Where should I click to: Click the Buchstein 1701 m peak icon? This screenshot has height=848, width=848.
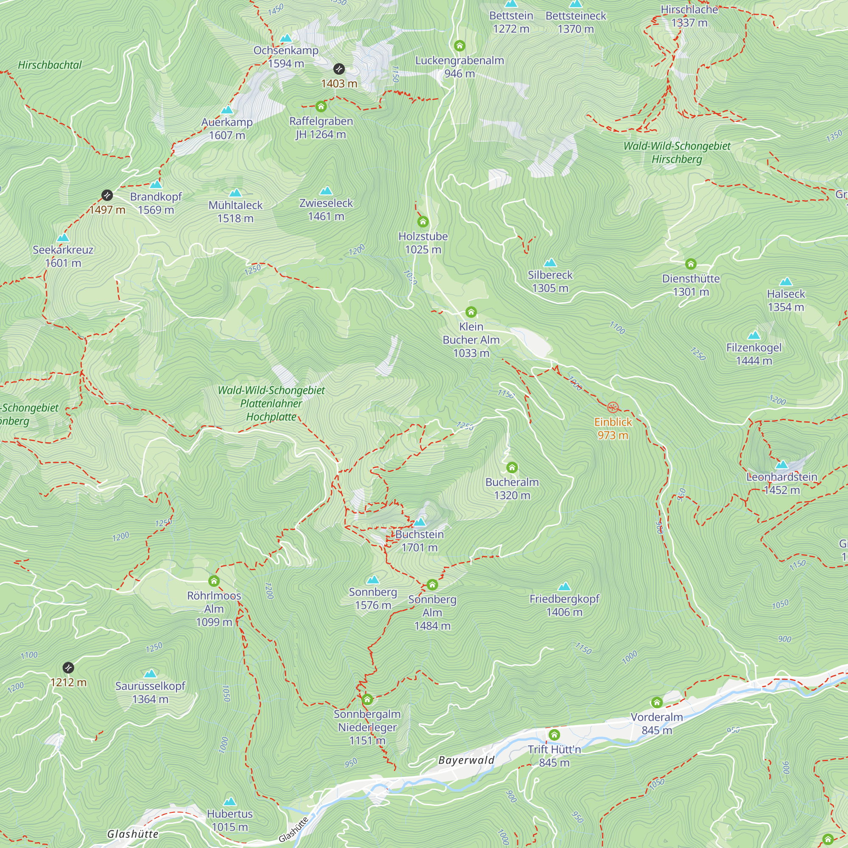pyautogui.click(x=420, y=522)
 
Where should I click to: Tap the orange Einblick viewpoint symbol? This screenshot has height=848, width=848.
pyautogui.click(x=613, y=407)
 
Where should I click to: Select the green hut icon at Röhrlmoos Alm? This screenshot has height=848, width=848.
pyautogui.click(x=214, y=582)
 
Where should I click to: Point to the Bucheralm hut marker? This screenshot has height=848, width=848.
pyautogui.click(x=512, y=467)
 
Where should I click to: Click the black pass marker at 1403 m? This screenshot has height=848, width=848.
pyautogui.click(x=339, y=69)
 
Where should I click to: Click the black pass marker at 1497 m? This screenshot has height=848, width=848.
pyautogui.click(x=107, y=195)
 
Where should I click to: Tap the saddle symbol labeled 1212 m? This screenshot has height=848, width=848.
pyautogui.click(x=68, y=668)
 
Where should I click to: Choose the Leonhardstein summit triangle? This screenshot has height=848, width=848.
pyautogui.click(x=781, y=465)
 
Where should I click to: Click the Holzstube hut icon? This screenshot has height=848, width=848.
pyautogui.click(x=423, y=222)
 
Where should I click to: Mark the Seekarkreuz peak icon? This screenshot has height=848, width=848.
pyautogui.click(x=63, y=237)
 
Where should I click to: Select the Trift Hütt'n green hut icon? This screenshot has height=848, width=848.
pyautogui.click(x=554, y=735)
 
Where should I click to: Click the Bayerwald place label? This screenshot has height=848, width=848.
pyautogui.click(x=466, y=760)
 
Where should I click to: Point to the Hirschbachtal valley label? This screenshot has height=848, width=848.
pyautogui.click(x=50, y=65)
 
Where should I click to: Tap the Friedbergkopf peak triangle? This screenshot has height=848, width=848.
pyautogui.click(x=564, y=586)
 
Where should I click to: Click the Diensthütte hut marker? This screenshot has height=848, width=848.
pyautogui.click(x=690, y=264)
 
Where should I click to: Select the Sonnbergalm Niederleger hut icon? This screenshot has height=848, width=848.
pyautogui.click(x=367, y=699)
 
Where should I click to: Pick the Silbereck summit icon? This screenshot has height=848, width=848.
pyautogui.click(x=550, y=262)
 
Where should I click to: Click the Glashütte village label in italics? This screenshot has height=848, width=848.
pyautogui.click(x=133, y=834)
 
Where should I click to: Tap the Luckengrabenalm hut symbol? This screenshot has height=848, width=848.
pyautogui.click(x=460, y=46)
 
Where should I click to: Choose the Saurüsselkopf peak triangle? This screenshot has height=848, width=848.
pyautogui.click(x=150, y=673)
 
